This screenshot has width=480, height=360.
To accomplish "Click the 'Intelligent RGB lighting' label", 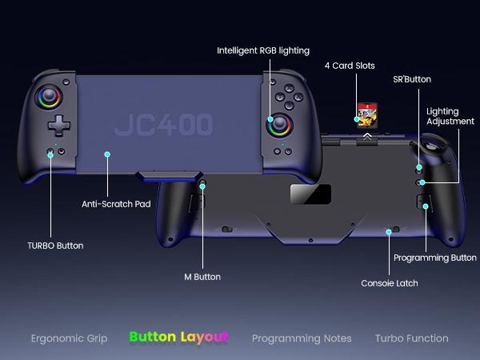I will pyautogui.click(x=263, y=50).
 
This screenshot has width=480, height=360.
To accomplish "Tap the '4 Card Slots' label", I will pyautogui.click(x=350, y=66).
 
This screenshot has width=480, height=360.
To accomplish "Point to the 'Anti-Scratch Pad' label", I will pyautogui.click(x=116, y=204).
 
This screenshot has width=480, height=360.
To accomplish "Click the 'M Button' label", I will pyautogui.click(x=202, y=277).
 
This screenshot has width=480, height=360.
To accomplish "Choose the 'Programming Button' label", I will pyautogui.click(x=435, y=258).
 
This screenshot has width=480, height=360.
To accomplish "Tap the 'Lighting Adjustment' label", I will pyautogui.click(x=450, y=116).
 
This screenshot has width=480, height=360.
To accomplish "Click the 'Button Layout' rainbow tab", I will pyautogui.click(x=178, y=338).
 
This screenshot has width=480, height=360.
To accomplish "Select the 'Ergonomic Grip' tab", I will pyautogui.click(x=69, y=338).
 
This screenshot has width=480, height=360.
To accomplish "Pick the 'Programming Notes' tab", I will pyautogui.click(x=302, y=338).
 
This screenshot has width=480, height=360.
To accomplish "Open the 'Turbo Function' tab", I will pyautogui.click(x=412, y=338).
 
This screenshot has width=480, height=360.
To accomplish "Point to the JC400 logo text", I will pyautogui.click(x=164, y=125).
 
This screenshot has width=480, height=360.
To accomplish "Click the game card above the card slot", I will pyautogui.click(x=366, y=114).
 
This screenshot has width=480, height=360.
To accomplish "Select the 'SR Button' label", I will pyautogui.click(x=412, y=80).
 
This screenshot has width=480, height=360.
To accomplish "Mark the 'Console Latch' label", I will pyautogui.click(x=390, y=282).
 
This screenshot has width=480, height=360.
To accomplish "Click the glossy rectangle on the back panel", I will pyautogui.click(x=310, y=194).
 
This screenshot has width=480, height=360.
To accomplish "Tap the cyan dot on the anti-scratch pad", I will pyautogui.click(x=106, y=154).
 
